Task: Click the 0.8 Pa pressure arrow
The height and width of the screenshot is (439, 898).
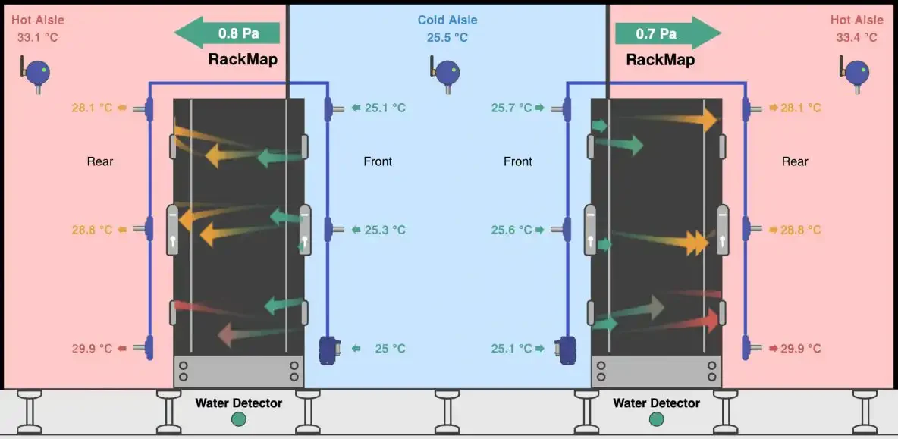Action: pyautogui.click(x=227, y=33)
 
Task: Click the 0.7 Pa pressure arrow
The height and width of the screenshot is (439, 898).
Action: pyautogui.click(x=667, y=33)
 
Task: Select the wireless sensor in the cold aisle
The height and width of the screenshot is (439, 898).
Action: pyautogui.click(x=445, y=74)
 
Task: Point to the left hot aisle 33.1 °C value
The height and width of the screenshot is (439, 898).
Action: pyautogui.click(x=38, y=38)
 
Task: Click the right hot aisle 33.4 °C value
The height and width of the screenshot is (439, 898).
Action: pyautogui.click(x=857, y=38)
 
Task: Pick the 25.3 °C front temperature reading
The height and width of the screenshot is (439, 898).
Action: pyautogui.click(x=385, y=230)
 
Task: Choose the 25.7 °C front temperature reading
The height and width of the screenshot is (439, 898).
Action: pyautogui.click(x=512, y=108)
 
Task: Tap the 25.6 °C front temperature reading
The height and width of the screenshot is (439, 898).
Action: pyautogui.click(x=512, y=230)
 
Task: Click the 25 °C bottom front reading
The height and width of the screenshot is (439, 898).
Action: pyautogui.click(x=390, y=349)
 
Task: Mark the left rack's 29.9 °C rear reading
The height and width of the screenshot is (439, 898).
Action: pyautogui.click(x=93, y=349)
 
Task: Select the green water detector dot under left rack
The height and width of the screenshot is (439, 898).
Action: pyautogui.click(x=238, y=419)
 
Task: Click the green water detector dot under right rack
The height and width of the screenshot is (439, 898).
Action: pyautogui.click(x=656, y=419)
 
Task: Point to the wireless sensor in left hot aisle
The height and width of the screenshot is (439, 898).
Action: pyautogui.click(x=36, y=74)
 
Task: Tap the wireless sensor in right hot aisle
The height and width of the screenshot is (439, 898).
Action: pyautogui.click(x=855, y=74)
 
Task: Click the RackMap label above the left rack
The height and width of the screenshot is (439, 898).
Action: pyautogui.click(x=243, y=60)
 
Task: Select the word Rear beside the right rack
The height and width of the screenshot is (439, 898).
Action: pyautogui.click(x=795, y=162)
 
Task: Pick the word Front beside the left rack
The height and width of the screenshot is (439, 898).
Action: pyautogui.click(x=378, y=162)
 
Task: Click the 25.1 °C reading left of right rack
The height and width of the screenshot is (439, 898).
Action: pyautogui.click(x=512, y=349)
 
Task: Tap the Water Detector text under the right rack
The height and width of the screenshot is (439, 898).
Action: pyautogui.click(x=656, y=403)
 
